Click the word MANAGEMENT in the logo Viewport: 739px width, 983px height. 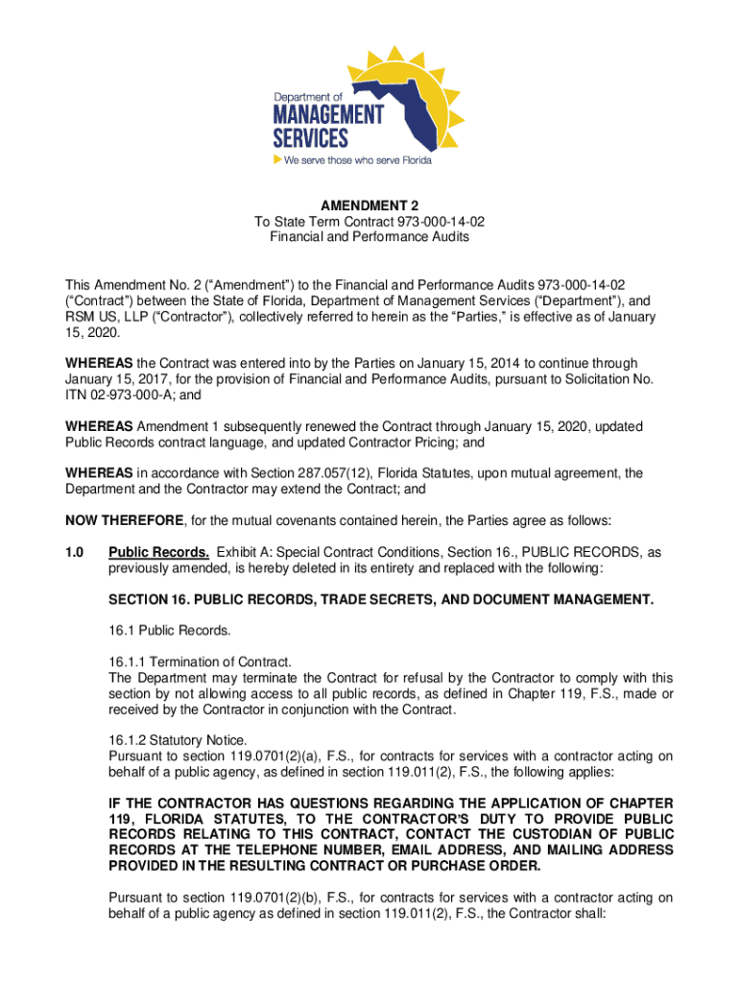(x=328, y=115)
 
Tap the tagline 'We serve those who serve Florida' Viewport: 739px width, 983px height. (x=358, y=160)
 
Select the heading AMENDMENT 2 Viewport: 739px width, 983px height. (x=369, y=205)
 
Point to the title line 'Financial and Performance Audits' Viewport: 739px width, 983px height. (x=369, y=237)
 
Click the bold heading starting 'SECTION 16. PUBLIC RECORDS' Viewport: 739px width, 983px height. (x=381, y=600)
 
